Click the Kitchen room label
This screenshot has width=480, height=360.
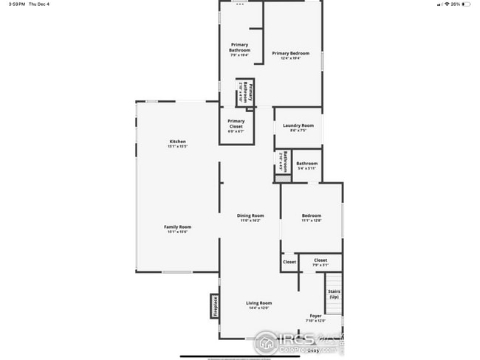tap(177, 141)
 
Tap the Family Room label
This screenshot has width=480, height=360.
tap(177, 226)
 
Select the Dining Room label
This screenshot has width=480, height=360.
tap(250, 215)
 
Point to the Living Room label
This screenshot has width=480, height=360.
tap(259, 303)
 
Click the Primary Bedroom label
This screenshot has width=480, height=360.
tap(290, 53)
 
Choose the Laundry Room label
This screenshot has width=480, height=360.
tap(298, 125)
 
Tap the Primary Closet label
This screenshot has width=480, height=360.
tap(236, 121)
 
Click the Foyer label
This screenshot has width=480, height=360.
tap(315, 315)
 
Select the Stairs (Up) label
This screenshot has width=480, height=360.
tap(334, 294)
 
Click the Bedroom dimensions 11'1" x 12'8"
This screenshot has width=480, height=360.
tap(312, 221)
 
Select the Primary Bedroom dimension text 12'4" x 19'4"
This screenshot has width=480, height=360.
tap(290, 59)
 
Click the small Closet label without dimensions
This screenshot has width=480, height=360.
tap(289, 261)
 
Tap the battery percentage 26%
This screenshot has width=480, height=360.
tap(456, 4)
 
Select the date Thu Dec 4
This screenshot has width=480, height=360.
tap(38, 4)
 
